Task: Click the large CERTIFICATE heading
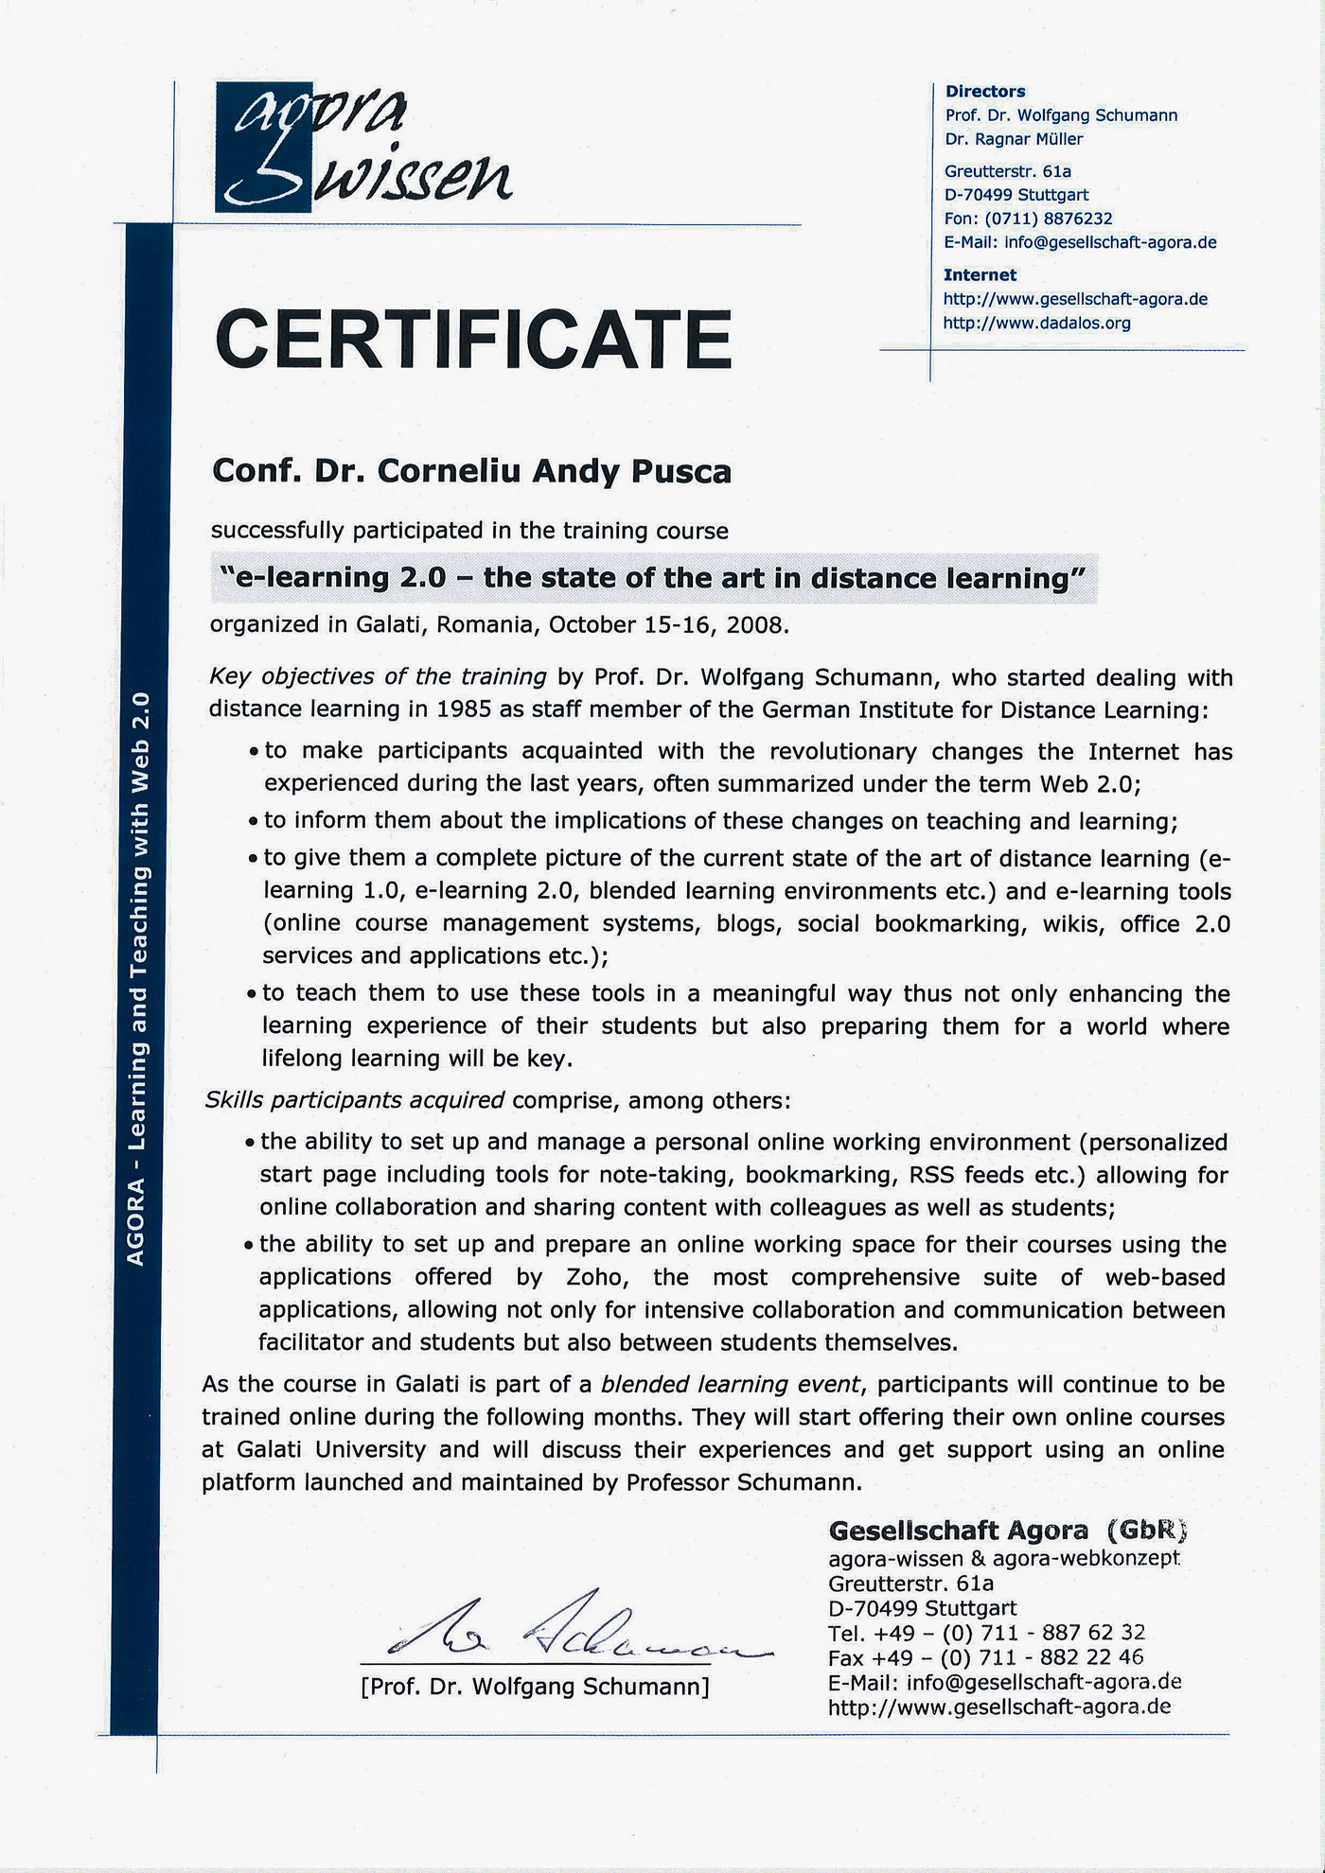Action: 473,339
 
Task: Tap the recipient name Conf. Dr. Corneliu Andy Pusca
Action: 471,471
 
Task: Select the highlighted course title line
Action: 653,578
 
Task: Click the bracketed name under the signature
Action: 535,1687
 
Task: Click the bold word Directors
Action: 985,92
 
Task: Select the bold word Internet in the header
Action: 980,275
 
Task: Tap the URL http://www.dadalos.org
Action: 1036,324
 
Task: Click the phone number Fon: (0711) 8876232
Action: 1028,219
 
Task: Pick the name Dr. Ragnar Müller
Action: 1014,139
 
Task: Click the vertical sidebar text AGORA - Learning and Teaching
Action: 136,979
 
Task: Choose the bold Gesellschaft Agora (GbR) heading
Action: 1007,1531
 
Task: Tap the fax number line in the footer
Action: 985,1657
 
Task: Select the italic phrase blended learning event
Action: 731,1385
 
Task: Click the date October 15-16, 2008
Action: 668,625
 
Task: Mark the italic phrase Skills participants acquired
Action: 355,1101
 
